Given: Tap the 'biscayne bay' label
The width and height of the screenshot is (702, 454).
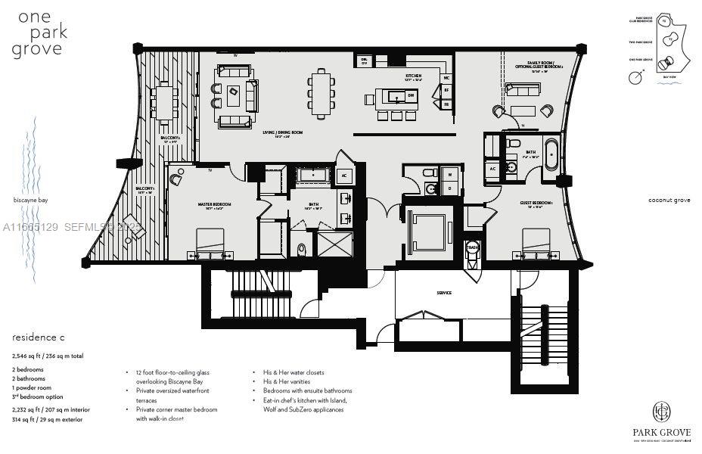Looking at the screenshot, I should point(30,201).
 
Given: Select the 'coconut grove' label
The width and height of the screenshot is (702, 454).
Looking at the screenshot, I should point(669,201).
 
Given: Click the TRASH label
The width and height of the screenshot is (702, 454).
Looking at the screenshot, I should point(472,247).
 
